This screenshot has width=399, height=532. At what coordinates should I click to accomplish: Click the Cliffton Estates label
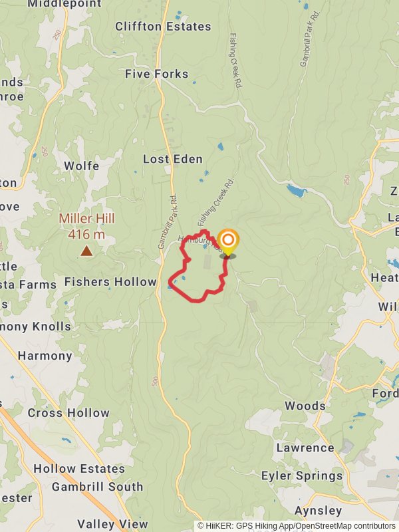163,27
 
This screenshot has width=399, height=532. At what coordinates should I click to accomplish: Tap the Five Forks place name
157,74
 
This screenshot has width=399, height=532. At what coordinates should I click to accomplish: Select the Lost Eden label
173,160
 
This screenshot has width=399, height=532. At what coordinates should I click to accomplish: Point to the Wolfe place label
82,166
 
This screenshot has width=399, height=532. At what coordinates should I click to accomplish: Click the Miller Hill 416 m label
86,226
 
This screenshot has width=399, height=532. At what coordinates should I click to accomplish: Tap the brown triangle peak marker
86,251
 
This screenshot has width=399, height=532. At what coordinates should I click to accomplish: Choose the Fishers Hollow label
110,282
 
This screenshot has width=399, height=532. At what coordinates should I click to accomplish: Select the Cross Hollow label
68,413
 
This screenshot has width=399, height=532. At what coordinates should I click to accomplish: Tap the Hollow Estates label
79,469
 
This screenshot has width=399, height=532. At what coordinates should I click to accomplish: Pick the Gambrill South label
97,487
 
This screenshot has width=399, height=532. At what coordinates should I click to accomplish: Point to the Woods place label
305,406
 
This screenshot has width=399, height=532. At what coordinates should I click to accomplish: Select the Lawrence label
305,448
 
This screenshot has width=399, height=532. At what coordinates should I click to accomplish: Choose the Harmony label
45,356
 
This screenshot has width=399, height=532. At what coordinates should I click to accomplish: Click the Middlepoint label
65,4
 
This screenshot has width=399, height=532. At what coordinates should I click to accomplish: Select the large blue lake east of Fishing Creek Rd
297,192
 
